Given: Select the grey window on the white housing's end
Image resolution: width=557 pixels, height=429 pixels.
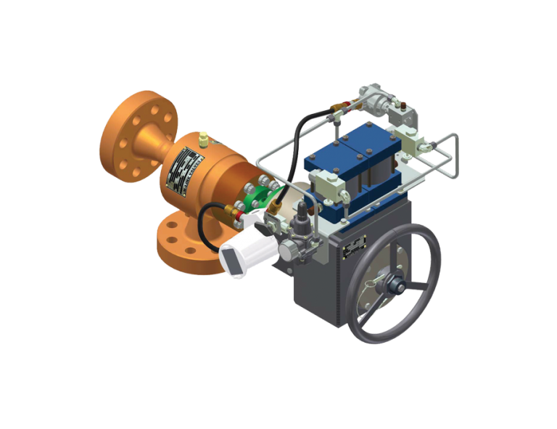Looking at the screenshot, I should point(234,261).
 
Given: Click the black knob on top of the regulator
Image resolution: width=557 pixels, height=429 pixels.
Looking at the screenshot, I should point(302,211).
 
